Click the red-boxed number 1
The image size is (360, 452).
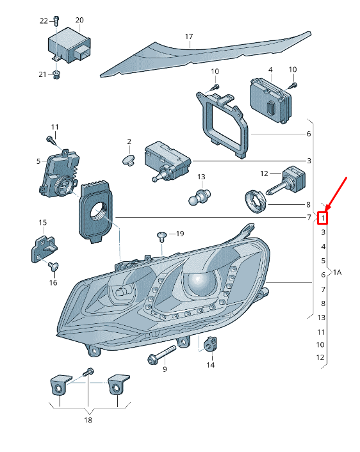(323, 218)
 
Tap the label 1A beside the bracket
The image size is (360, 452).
(337, 272)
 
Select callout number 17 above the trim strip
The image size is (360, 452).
(189, 36)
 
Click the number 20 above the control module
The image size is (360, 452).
(79, 20)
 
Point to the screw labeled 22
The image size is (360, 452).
(56, 20)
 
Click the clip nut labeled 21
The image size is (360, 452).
(56, 75)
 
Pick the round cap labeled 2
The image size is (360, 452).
(128, 160)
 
